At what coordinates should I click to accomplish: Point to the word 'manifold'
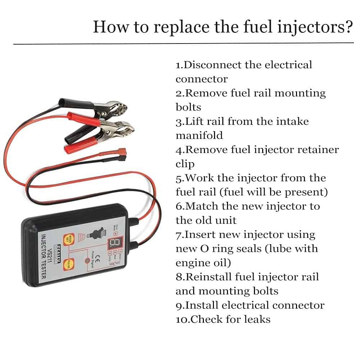point(199,135)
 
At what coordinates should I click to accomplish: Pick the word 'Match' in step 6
point(201,206)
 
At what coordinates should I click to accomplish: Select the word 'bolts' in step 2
point(188,107)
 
